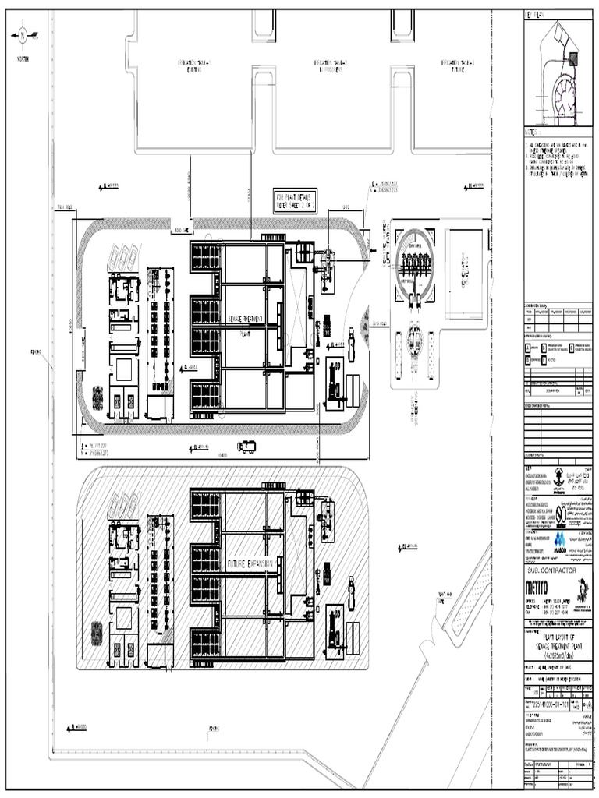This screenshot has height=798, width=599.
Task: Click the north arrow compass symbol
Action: coord(23,34)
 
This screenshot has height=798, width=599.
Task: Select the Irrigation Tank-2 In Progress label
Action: coord(330,65)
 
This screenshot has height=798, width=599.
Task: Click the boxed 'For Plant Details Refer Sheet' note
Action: coord(296,200)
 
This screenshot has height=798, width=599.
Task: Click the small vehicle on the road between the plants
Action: coord(246,446)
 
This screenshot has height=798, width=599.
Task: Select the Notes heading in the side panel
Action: coord(532,132)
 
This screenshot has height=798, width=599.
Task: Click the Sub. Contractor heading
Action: coord(551,570)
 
